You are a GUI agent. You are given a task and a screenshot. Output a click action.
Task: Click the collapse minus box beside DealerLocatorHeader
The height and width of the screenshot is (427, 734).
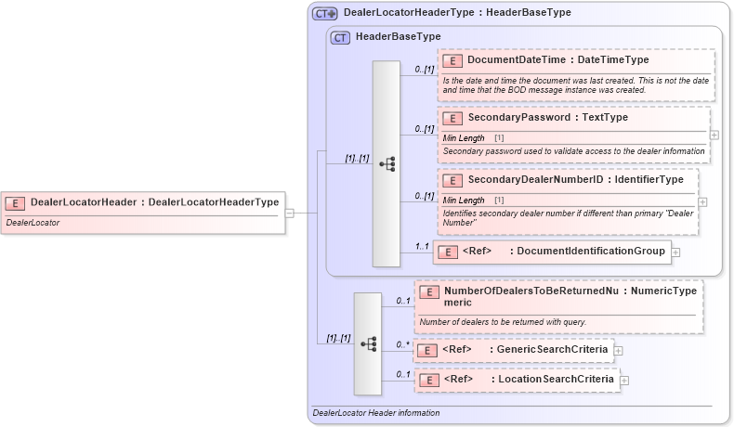[290, 213]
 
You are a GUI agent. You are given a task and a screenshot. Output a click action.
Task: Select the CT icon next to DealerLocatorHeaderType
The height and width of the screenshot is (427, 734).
[324, 14]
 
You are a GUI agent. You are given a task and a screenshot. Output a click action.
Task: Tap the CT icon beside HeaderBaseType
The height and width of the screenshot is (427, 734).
[340, 37]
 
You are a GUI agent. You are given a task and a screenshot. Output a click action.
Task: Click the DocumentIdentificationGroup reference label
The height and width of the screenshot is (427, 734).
[590, 251]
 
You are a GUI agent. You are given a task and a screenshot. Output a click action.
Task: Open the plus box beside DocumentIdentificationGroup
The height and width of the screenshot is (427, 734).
[675, 252]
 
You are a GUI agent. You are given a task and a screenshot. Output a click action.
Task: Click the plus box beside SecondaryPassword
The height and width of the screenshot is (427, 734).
[714, 135]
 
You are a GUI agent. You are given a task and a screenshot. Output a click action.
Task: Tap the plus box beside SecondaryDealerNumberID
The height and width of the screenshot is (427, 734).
[702, 201]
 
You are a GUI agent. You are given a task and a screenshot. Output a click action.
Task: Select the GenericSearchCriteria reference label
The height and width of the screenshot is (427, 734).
[552, 349]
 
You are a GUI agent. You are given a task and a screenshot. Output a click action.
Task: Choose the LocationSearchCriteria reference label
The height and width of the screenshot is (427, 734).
[555, 379]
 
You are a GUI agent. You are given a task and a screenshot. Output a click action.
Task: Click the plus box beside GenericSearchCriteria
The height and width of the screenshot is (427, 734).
[618, 350]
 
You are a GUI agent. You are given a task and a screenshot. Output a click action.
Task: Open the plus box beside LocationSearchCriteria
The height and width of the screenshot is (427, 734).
[624, 380]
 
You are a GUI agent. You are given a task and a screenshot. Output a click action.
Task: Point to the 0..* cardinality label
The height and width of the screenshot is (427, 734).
[402, 344]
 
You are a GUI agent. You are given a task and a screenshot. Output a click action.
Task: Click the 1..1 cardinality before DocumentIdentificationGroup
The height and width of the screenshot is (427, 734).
[422, 246]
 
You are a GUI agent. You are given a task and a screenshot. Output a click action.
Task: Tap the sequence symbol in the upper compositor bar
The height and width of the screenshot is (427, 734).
[387, 164]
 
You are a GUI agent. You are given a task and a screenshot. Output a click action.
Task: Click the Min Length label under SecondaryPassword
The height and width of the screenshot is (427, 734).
[463, 137]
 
